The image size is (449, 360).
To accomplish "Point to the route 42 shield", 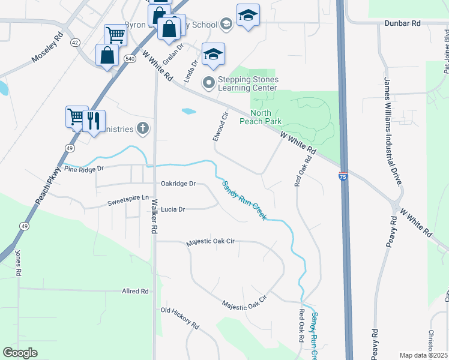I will pyautogui.click(x=74, y=43).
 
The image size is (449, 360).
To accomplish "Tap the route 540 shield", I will pyautogui.click(x=130, y=59).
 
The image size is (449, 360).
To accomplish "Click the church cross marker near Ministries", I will pyautogui.click(x=142, y=127).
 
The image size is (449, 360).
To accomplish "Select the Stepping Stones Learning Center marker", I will pyautogui.click(x=208, y=83).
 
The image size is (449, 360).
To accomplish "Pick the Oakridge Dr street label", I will pyautogui.click(x=178, y=184).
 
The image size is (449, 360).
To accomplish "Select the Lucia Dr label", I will pyautogui.click(x=173, y=210).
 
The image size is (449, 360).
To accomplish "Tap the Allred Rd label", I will pyautogui.click(x=135, y=291).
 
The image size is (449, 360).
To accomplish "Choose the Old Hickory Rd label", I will pyautogui.click(x=180, y=318).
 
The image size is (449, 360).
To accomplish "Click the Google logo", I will pyautogui.click(x=20, y=353).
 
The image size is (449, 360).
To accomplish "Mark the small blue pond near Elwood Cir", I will pyautogui.click(x=188, y=111).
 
